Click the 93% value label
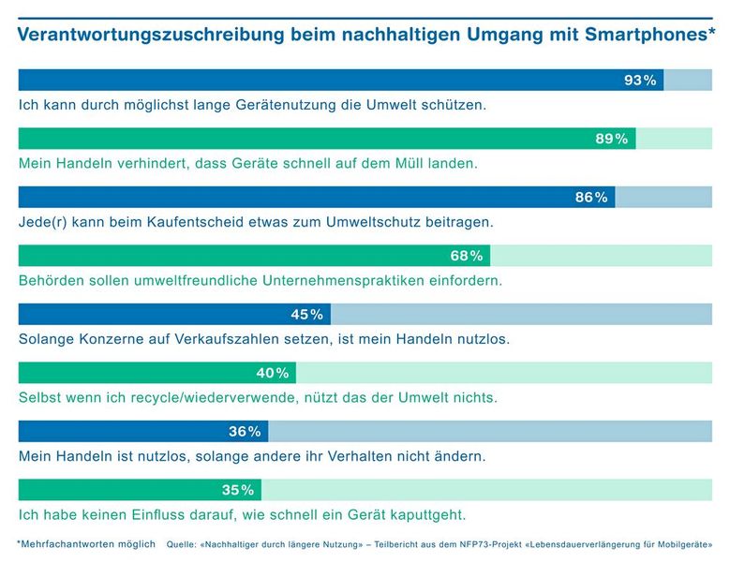coord(640,81)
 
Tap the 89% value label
coord(612,139)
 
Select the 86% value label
coord(591,198)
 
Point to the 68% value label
coord(467,256)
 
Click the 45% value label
coord(307,315)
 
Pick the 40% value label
coord(273,373)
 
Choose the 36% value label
coord(245,432)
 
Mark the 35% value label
coord(238,490)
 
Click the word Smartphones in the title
coord(637,36)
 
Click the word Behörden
coord(51,280)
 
